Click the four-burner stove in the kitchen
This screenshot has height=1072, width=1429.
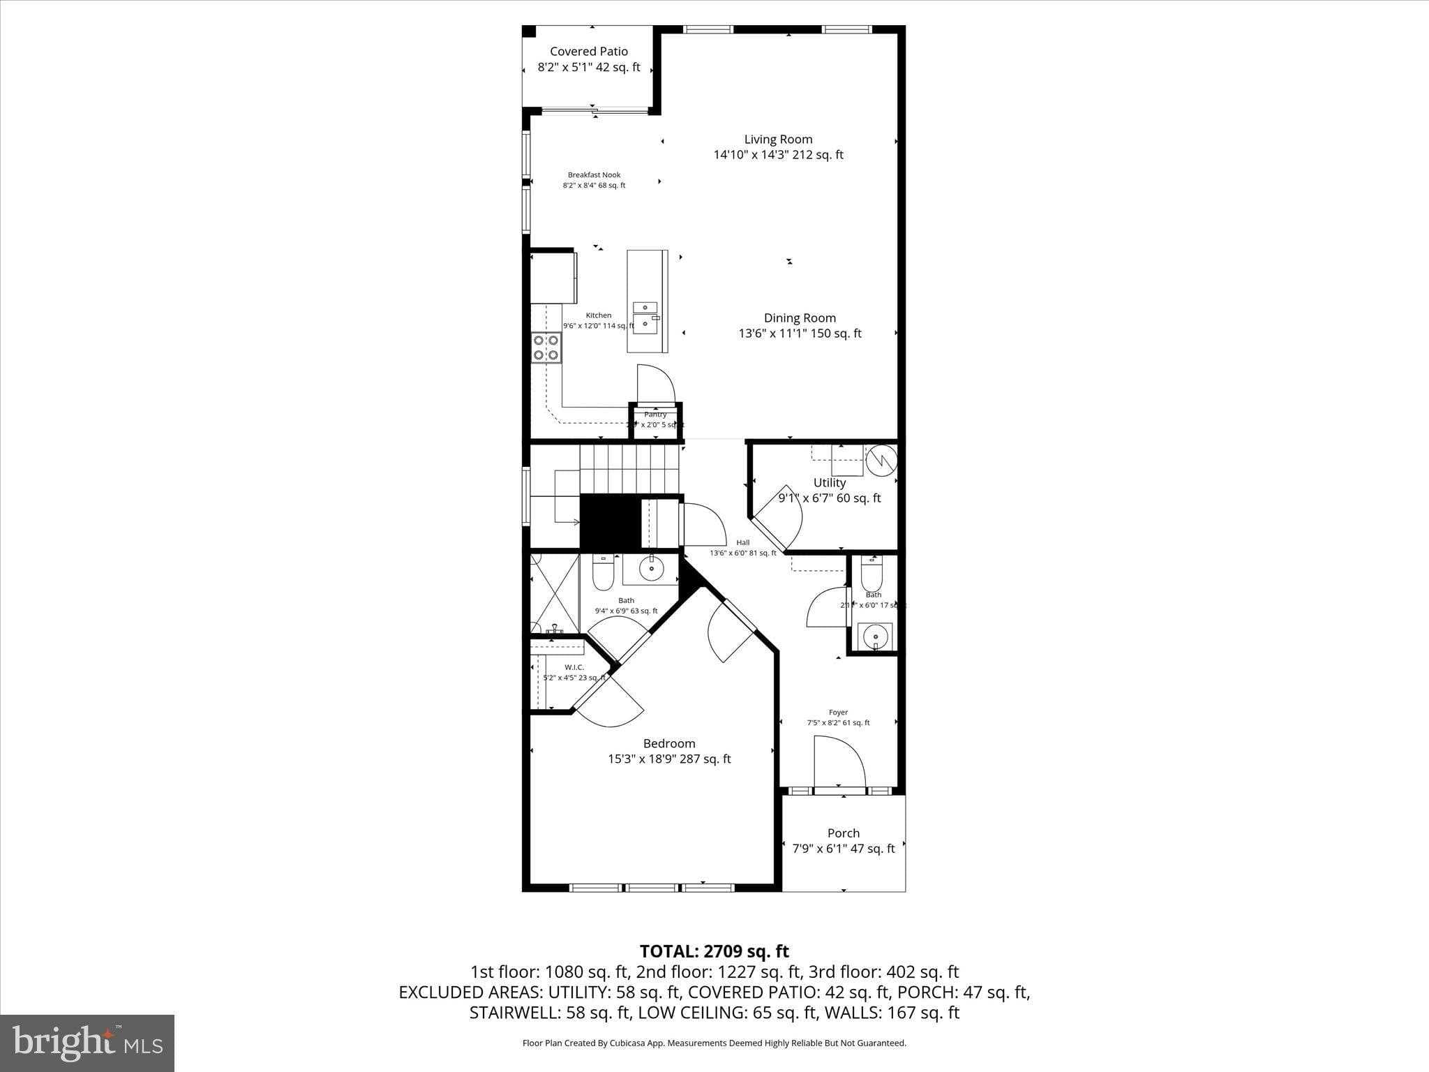(546, 348)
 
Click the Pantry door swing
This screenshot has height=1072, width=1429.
(656, 385)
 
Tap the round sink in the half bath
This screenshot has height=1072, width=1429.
(875, 636)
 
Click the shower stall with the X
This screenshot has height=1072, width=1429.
(555, 593)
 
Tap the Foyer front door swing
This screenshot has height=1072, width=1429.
(840, 764)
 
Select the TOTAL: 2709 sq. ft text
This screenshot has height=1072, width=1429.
(714, 951)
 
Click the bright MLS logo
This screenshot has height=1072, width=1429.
(87, 1043)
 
